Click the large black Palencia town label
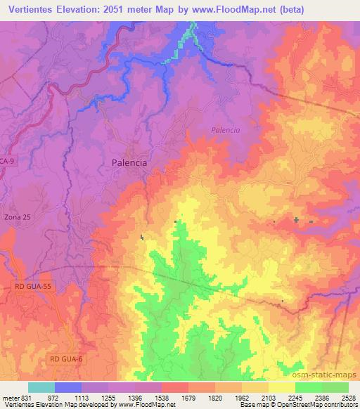(x=130, y=162)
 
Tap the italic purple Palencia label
(x=226, y=130)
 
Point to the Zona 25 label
(x=17, y=217)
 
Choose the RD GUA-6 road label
(x=67, y=359)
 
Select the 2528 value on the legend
(x=348, y=396)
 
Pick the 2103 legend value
(x=268, y=396)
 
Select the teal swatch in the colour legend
(x=41, y=387)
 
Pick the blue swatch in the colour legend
(x=68, y=387)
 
